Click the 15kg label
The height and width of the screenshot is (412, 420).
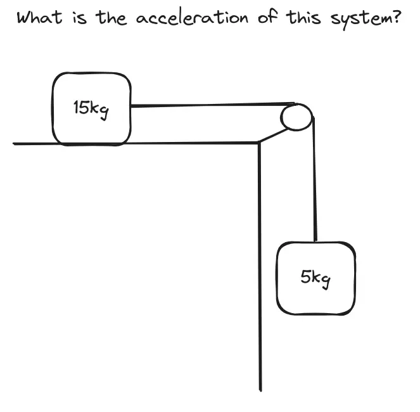[x=91, y=108]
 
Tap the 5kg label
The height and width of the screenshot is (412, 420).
[x=316, y=278]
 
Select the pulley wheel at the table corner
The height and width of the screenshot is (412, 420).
[x=296, y=117]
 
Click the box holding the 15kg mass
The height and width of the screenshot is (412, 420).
[x=92, y=127]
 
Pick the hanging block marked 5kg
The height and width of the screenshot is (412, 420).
[x=315, y=298]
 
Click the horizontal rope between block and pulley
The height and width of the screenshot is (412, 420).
[x=209, y=105]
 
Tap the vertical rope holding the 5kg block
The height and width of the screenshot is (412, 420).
[x=314, y=184]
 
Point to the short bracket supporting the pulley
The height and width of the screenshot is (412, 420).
[x=271, y=135]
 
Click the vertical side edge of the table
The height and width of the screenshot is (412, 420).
[x=259, y=266]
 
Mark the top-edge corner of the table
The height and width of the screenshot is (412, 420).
[x=258, y=143]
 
